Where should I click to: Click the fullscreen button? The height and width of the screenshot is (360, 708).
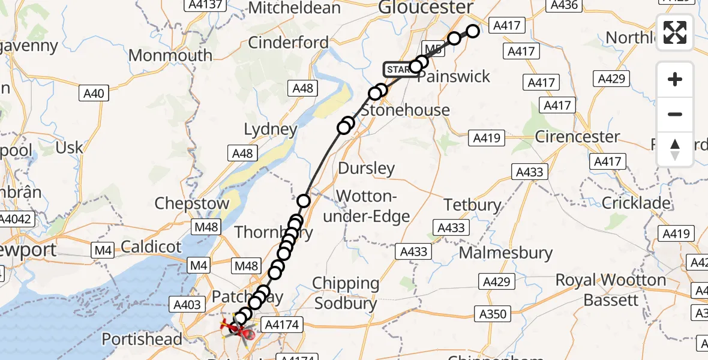click(675, 32)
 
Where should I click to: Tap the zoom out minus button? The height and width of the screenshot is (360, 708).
click(675, 114)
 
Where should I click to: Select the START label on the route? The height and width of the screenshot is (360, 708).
click(398, 70)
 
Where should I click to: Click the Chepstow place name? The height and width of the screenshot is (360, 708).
click(192, 203)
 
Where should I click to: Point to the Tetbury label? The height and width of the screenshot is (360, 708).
click(472, 205)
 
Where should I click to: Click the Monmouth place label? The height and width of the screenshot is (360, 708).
click(170, 56)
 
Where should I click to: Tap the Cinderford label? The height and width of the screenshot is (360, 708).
click(288, 43)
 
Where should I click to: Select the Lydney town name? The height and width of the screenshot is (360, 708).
click(271, 129)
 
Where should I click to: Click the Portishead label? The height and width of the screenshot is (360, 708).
click(142, 339)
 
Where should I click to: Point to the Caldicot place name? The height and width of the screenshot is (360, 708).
click(151, 246)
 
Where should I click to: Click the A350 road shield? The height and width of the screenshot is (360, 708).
click(494, 313)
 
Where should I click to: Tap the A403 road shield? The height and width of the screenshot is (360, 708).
click(187, 305)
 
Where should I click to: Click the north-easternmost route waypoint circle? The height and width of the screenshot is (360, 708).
click(473, 31)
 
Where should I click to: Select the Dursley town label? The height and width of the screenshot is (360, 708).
click(367, 168)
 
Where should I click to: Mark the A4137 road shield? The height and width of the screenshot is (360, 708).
click(205, 5)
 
